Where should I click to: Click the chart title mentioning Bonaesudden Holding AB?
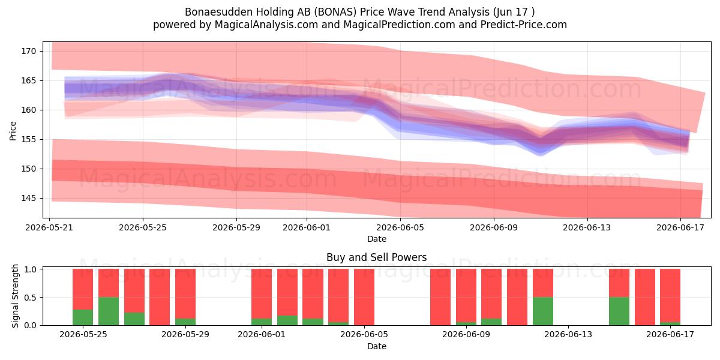click(359, 12)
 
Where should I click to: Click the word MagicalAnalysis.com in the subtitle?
click(266, 25)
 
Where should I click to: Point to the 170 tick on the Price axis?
click(29, 51)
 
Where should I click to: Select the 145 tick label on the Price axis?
click(29, 199)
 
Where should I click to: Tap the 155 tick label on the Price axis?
click(29, 139)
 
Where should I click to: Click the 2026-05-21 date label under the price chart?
click(49, 227)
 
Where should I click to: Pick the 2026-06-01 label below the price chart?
click(307, 227)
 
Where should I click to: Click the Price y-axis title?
click(13, 131)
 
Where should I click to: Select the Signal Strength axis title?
click(15, 296)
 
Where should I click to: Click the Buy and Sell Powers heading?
click(376, 257)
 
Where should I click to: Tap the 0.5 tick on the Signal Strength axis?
click(30, 298)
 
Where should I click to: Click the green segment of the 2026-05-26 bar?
click(109, 311)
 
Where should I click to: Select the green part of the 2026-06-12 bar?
click(543, 311)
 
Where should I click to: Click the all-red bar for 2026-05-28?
click(160, 297)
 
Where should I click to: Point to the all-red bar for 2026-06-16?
click(645, 297)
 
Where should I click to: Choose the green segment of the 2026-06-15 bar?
click(619, 311)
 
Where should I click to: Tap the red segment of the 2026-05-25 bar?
click(83, 289)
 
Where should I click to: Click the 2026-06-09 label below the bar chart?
click(466, 335)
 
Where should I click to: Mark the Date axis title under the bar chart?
click(377, 346)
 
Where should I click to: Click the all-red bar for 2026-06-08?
click(440, 297)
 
